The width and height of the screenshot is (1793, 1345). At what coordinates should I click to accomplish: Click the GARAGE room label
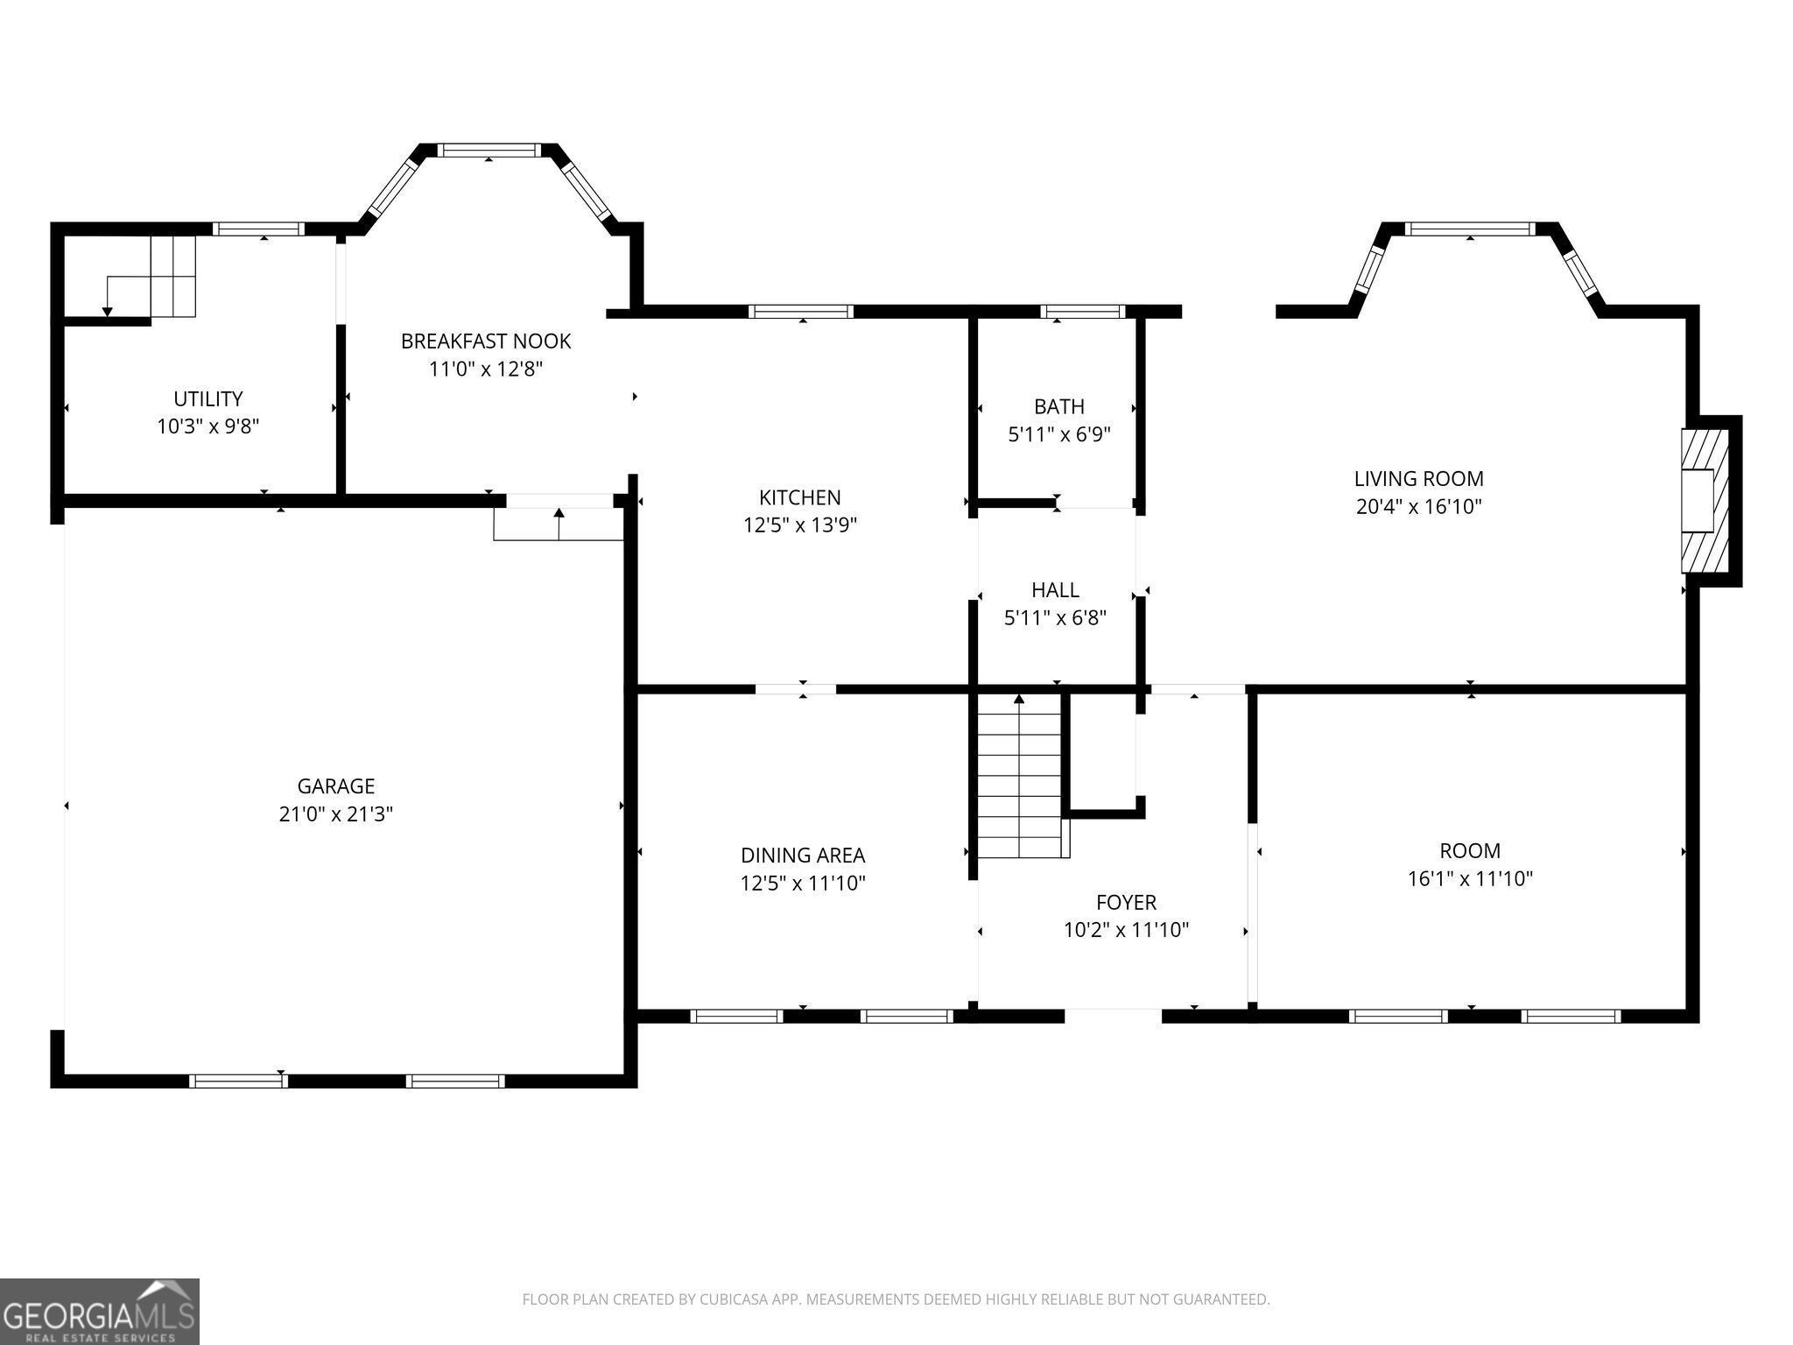point(335,786)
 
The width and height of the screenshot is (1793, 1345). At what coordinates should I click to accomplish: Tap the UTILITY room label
point(208,399)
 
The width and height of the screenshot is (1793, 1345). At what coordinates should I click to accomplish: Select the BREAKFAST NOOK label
point(486,341)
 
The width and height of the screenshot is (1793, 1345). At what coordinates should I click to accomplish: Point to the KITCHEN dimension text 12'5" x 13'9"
point(800,525)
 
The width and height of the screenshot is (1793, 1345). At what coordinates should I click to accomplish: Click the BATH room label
point(1059,406)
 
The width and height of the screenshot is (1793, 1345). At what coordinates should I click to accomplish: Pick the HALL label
point(1055,590)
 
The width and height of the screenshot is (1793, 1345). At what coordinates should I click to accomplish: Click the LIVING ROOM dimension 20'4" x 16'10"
point(1419,506)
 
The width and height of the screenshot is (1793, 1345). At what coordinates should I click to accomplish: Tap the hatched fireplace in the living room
point(1705,500)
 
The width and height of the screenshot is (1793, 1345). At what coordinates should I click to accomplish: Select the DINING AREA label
point(803,856)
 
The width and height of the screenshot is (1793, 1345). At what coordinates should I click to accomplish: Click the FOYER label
point(1126,902)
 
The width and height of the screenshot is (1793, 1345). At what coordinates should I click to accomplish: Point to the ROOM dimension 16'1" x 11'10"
point(1470,878)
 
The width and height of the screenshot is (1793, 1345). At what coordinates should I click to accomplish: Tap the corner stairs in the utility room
point(152,276)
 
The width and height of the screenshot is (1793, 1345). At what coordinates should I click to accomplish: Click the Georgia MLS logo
point(100,1311)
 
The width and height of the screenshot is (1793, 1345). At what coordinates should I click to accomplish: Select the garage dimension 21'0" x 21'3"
point(335,814)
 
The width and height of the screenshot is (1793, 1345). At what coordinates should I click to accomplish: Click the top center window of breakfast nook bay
point(489,151)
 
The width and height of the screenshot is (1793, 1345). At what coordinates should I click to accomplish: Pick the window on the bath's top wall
point(1083,311)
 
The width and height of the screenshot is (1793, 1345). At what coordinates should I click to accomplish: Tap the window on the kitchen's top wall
point(801,311)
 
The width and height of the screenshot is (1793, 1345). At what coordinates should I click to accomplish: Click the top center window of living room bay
point(1470,229)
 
